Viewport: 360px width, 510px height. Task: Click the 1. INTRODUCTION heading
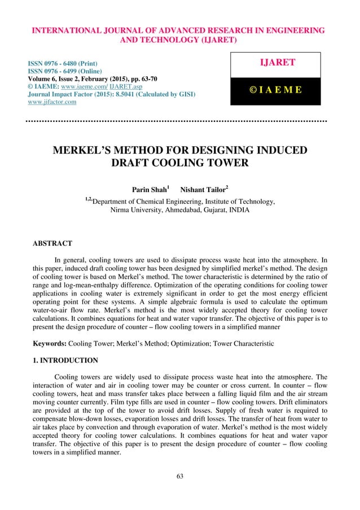coord(65,360)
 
